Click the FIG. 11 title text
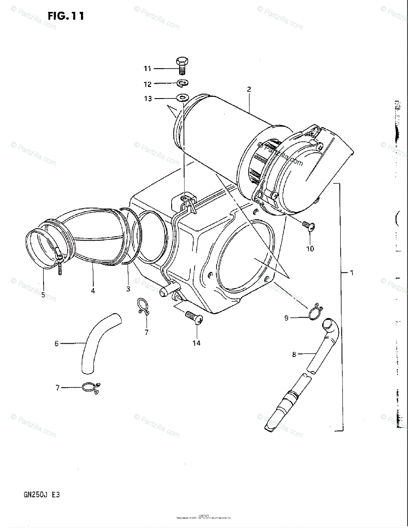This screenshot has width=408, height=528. tap(66, 16)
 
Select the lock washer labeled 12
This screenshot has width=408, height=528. tap(182, 83)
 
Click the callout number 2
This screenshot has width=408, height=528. tap(249, 89)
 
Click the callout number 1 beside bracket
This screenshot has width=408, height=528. tap(351, 273)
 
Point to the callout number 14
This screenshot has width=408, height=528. tap(196, 343)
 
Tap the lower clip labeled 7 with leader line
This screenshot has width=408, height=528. tap(91, 387)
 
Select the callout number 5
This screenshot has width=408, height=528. tap(43, 295)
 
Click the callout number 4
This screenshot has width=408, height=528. tap(93, 290)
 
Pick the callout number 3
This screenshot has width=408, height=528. tap(128, 289)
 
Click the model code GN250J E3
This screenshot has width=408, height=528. tap(42, 494)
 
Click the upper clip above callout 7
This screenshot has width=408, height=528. tap(143, 306)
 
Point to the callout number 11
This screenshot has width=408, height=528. tap(147, 68)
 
